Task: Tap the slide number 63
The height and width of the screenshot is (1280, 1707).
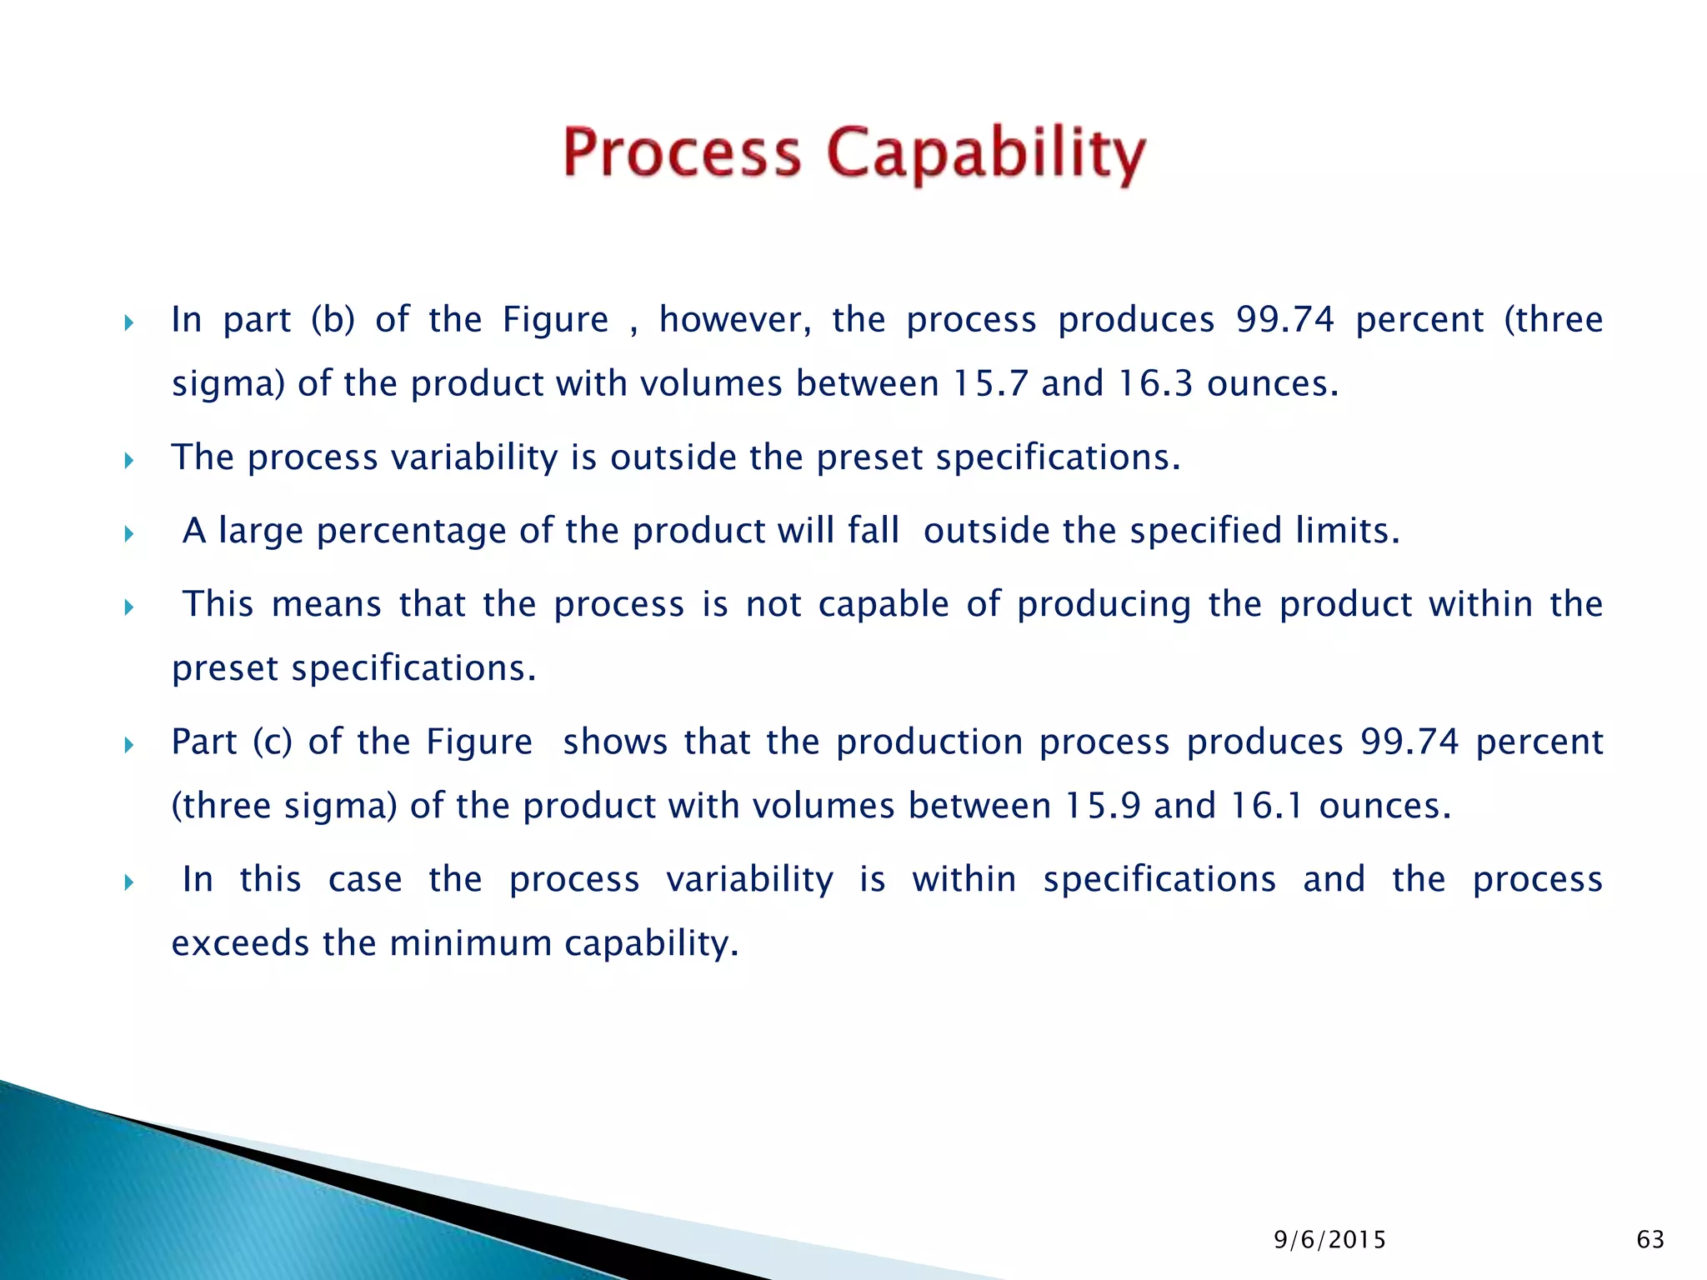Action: click(x=1650, y=1240)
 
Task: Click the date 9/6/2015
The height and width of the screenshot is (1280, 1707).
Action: click(x=1329, y=1241)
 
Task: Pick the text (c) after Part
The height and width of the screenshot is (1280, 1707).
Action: click(x=273, y=742)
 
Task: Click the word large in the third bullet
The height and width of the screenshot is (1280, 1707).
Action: click(x=260, y=532)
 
